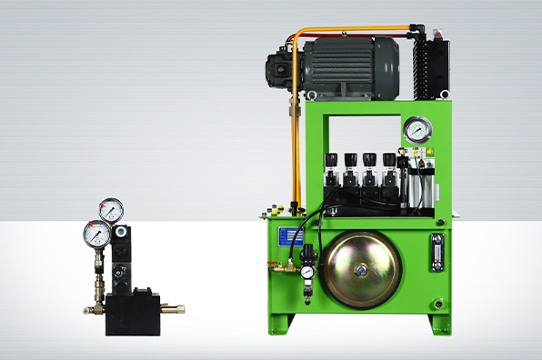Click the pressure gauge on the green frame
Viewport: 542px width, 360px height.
[x=417, y=130]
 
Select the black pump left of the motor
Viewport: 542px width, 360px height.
[x=281, y=67]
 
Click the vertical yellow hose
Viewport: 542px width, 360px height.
[x=293, y=145]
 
